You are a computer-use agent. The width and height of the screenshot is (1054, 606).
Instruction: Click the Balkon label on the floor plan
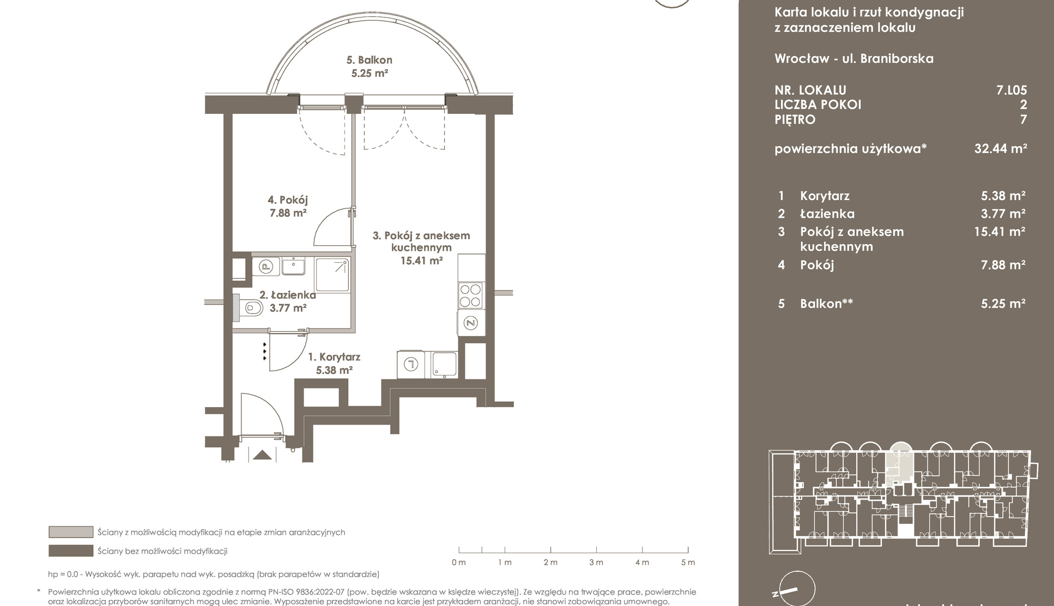click(369, 60)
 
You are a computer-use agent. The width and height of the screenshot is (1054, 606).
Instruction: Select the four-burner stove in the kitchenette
click(470, 295)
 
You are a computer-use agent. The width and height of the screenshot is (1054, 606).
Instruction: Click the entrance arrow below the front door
click(262, 455)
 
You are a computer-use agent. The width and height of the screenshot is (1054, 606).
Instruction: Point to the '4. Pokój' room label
click(288, 201)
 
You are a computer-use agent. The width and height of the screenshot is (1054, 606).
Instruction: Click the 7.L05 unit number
click(1011, 90)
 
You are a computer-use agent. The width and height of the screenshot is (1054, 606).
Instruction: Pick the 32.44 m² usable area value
click(1001, 148)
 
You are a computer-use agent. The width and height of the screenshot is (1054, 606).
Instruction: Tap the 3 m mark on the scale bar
click(596, 562)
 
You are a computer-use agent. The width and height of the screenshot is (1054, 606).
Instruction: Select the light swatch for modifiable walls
click(71, 532)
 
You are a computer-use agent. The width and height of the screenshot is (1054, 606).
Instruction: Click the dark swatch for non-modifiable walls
click(71, 550)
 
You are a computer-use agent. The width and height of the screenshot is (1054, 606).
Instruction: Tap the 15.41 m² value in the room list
click(1000, 232)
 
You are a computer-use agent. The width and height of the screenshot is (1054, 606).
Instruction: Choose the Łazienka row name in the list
click(827, 214)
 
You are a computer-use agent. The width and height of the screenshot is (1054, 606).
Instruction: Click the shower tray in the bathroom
click(332, 275)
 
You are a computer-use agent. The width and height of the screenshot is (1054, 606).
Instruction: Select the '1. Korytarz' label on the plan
click(334, 357)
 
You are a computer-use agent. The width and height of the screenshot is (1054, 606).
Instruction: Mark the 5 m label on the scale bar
click(688, 562)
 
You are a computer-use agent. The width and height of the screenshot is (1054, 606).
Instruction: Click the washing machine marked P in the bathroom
click(266, 266)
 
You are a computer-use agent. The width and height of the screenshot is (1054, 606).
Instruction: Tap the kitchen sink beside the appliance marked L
click(445, 364)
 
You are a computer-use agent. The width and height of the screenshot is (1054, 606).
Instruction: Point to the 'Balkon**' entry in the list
click(826, 304)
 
